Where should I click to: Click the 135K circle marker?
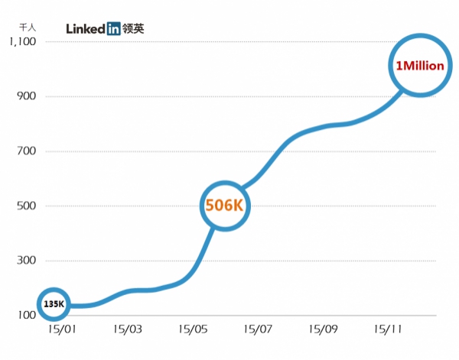[x=54, y=304]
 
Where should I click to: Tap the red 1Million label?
[x=418, y=66]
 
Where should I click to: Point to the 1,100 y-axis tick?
[x=22, y=41]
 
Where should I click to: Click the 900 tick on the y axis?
[x=27, y=96]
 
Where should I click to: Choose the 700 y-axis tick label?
[x=27, y=151]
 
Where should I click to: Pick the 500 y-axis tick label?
[x=27, y=206]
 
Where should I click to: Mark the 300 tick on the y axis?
[x=27, y=261]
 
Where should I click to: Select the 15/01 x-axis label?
[x=61, y=329]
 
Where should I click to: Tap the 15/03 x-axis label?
[x=127, y=329]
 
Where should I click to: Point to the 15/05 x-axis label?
[x=192, y=329]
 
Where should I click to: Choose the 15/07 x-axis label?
[x=258, y=329]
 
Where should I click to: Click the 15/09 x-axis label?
[x=324, y=329]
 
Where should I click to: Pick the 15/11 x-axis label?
[x=389, y=329]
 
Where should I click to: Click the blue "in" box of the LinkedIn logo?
[x=113, y=29]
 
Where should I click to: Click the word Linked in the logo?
[x=85, y=29]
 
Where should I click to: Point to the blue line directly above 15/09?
[x=324, y=126]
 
